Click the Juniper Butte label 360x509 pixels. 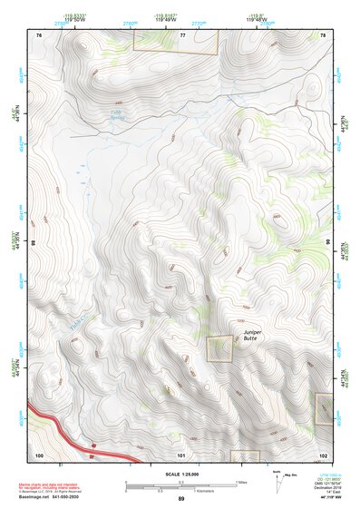coord(253,336)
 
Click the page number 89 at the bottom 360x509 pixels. coord(180,499)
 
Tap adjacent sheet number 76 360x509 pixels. coord(39,34)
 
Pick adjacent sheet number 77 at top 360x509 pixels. coord(181,34)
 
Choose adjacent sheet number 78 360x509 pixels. coord(324,34)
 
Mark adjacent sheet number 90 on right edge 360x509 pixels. coord(326,243)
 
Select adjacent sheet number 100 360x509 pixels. coord(39,455)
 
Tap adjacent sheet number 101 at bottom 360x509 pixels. coord(181,455)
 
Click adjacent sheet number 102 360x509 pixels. coord(324,455)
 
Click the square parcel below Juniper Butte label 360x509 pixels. coord(219,349)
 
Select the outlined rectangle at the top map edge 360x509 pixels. coord(176,41)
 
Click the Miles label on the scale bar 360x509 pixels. coord(240,482)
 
